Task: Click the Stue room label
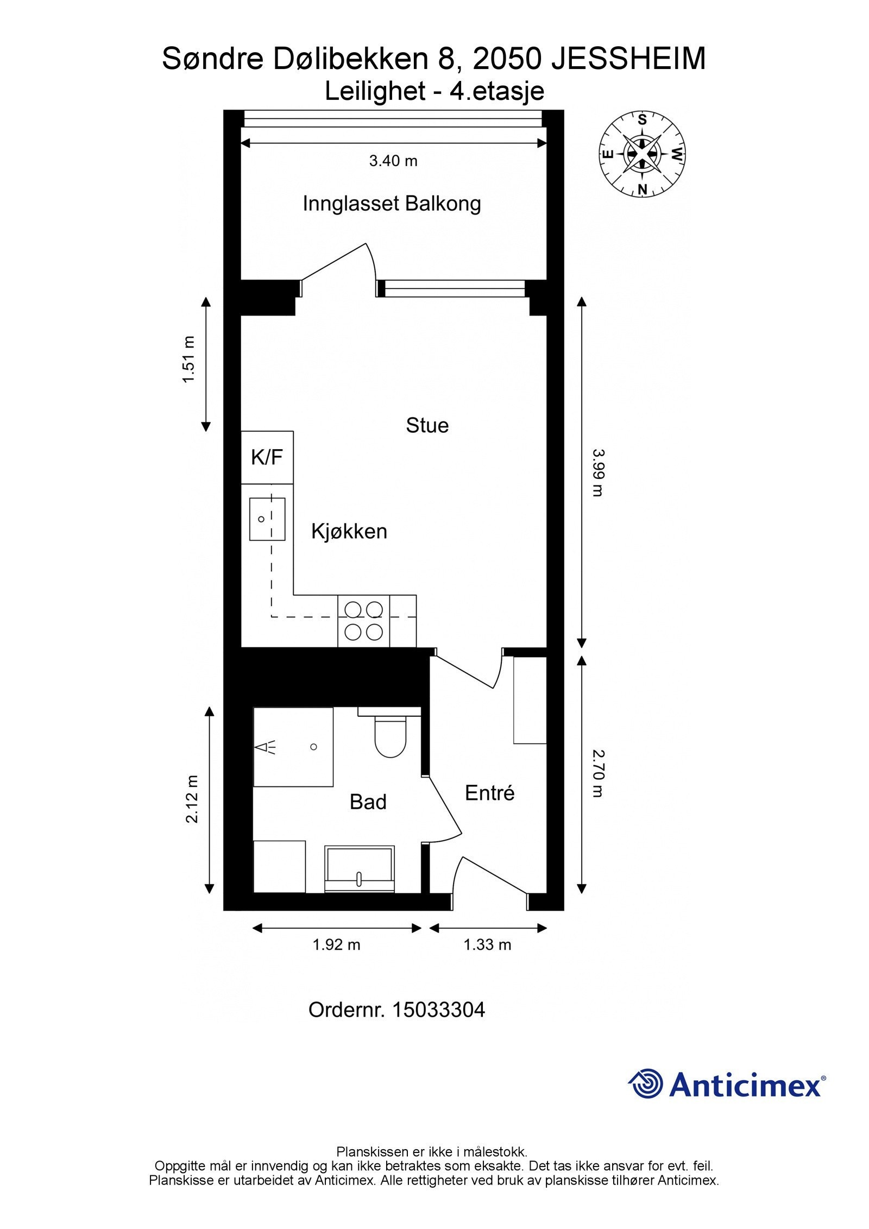(427, 425)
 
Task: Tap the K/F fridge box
(267, 457)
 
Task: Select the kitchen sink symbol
(267, 519)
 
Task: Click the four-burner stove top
(363, 620)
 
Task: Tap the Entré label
(489, 793)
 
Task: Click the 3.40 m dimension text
(393, 161)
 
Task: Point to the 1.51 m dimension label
(188, 360)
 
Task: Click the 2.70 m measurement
(597, 773)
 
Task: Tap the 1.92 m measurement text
(336, 945)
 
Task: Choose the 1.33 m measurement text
(487, 945)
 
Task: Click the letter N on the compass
(642, 189)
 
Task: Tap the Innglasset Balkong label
(392, 204)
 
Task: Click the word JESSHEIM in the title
(628, 59)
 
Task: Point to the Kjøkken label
(349, 531)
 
